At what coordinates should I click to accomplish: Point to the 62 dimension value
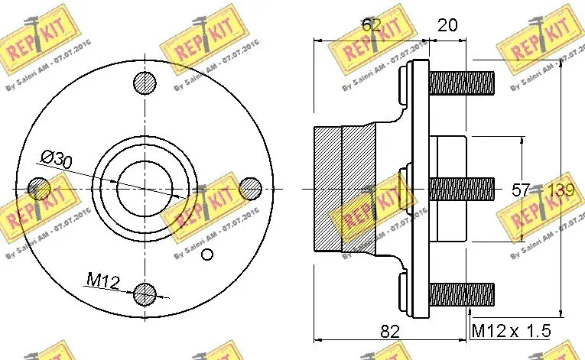pos(371,24)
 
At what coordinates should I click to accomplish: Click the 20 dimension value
pos(447,24)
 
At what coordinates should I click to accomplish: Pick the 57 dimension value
pos(521,190)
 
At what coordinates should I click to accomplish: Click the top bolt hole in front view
pos(145,82)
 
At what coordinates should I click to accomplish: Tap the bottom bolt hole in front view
pos(145,293)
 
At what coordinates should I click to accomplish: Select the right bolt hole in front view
pos(250,187)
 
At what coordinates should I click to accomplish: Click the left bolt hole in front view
pos(39,187)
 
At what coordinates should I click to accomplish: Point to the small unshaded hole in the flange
pos(205,255)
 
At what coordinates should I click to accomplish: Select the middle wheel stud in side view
pos(461,188)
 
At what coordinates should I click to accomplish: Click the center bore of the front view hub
pos(145,187)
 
